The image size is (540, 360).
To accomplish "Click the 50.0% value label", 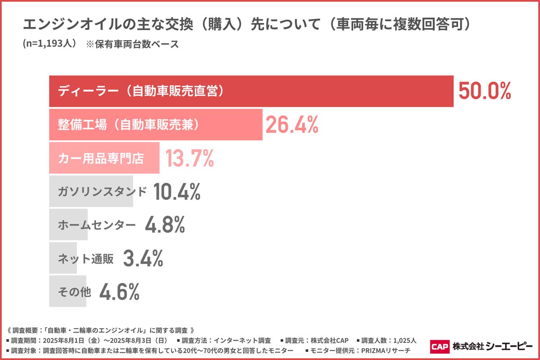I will (485, 91).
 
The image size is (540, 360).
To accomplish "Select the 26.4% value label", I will (292, 125).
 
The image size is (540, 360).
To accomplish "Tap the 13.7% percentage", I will (189, 158).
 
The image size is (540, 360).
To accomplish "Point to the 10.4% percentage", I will (176, 192).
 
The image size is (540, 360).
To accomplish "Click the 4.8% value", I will (165, 225).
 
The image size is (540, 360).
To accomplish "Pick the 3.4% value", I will (143, 258).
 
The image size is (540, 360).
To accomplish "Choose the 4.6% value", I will (119, 292).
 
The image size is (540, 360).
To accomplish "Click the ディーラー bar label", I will (140, 91).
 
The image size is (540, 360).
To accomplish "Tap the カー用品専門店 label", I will (101, 158).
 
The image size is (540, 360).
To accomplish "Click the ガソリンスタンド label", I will (102, 191).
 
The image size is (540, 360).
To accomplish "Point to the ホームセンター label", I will (96, 225).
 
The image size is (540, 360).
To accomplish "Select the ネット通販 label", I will (85, 258).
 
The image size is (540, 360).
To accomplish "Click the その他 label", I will (74, 292).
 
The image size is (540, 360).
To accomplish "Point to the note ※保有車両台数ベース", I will (132, 45).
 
